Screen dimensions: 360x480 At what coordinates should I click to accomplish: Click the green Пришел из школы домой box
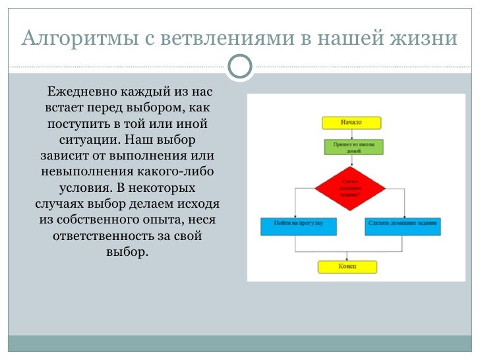click(353, 146)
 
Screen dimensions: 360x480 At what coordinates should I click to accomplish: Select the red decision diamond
click(350, 187)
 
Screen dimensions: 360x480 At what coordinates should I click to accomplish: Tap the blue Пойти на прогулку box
click(299, 225)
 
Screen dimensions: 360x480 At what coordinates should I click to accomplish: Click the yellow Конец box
click(347, 266)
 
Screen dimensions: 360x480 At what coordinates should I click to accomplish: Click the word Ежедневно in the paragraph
click(78, 90)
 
